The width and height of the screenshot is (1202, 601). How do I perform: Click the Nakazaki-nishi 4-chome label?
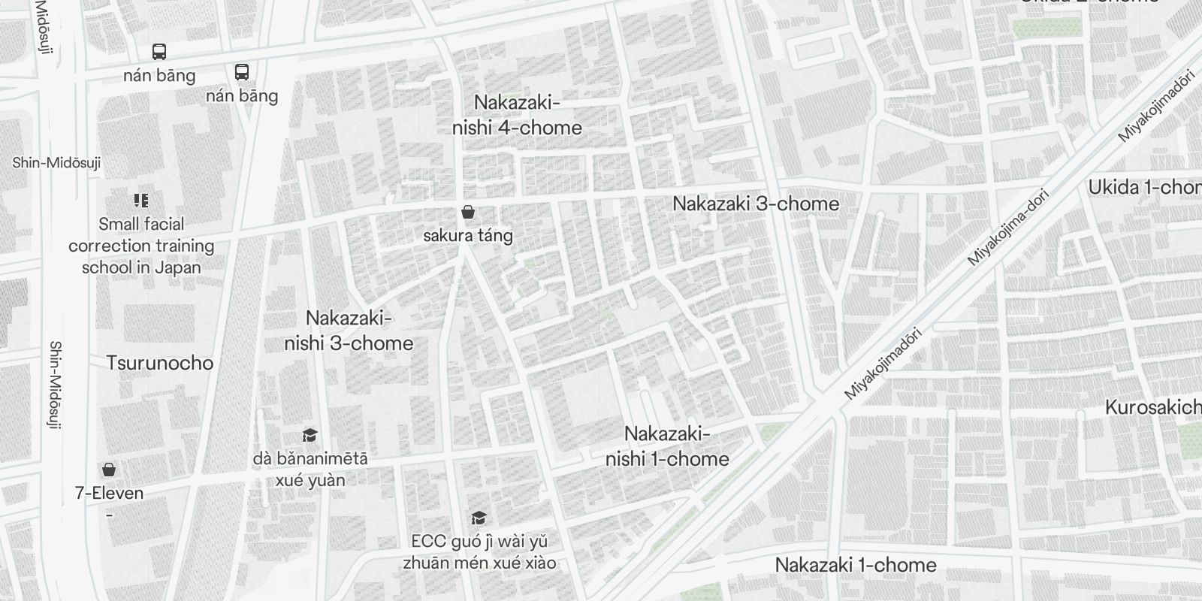coord(517,115)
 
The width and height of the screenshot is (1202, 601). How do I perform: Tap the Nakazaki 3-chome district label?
coord(755,204)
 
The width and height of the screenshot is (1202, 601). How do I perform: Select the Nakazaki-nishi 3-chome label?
coord(349,331)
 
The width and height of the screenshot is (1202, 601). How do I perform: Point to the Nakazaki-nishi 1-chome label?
coord(667,446)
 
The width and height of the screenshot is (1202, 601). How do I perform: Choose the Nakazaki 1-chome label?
coord(856,565)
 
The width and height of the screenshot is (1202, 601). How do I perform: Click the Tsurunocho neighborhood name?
coord(159,363)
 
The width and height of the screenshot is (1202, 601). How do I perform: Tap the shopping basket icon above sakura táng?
coord(468,213)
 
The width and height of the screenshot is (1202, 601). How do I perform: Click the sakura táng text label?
coord(468,235)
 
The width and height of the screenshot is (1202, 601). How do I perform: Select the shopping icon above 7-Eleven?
coord(109,470)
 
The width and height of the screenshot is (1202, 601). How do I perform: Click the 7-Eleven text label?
coord(109,493)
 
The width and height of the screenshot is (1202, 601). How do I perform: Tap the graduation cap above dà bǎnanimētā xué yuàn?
coord(310,435)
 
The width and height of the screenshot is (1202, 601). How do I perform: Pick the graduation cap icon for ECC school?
coord(479,518)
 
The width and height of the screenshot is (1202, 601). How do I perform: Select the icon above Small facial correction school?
coord(141,201)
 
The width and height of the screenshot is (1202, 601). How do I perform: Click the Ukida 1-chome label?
coord(1144,188)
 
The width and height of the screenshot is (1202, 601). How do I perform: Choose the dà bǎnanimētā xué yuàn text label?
coord(310,469)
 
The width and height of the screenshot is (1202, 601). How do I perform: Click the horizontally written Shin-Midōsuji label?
coord(56,163)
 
